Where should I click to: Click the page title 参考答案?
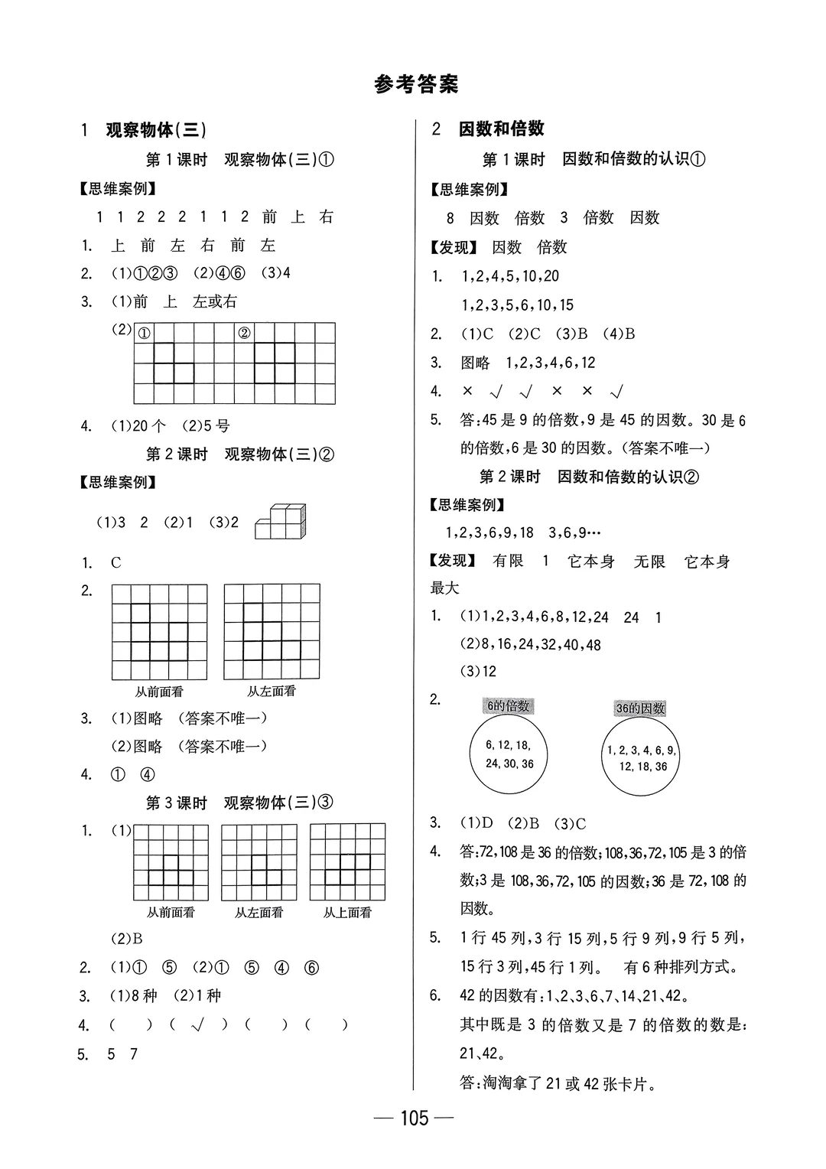(416, 84)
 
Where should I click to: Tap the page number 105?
(413, 1119)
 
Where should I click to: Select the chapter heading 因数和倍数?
(501, 129)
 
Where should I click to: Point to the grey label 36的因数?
(640, 708)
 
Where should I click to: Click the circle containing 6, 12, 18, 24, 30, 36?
(509, 754)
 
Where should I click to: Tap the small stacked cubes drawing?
(281, 523)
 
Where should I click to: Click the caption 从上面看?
(347, 913)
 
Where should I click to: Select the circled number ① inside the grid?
(144, 333)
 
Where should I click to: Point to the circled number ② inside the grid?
(244, 333)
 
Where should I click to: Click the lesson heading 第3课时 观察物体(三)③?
(240, 803)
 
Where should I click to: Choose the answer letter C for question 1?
(116, 563)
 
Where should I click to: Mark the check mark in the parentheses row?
(201, 1025)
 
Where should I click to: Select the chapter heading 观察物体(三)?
(156, 130)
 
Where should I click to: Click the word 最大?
(445, 588)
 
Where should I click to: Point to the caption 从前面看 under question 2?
(159, 692)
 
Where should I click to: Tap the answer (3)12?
(478, 672)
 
